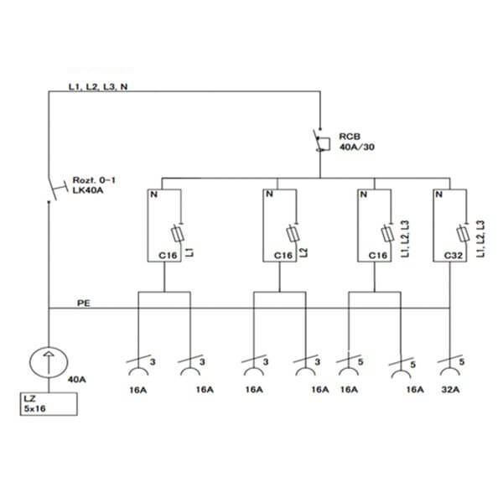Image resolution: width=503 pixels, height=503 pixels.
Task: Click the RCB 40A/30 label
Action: click(x=357, y=142)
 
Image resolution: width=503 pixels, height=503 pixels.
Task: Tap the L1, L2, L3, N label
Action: click(x=98, y=86)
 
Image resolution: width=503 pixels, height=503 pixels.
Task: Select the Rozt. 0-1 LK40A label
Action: click(x=94, y=185)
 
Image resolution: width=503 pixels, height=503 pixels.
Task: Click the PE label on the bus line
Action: click(x=84, y=303)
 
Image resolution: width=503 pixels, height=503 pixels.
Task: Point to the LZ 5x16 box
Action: click(x=49, y=404)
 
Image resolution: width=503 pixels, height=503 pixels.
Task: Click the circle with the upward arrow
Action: click(x=49, y=362)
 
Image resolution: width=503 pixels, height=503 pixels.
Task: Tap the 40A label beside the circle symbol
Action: click(x=76, y=380)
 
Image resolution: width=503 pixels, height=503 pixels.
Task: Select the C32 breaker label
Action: click(x=454, y=256)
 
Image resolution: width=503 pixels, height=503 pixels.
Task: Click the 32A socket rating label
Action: click(x=450, y=390)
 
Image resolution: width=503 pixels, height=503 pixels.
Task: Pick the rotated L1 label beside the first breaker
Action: click(x=189, y=252)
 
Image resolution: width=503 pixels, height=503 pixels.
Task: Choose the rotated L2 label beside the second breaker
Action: click(x=304, y=252)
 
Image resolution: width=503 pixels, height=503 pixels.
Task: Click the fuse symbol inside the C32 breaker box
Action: click(x=463, y=234)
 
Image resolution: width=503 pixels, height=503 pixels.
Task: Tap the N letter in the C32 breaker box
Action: click(x=439, y=194)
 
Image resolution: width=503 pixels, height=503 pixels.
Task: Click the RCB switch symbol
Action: click(x=321, y=141)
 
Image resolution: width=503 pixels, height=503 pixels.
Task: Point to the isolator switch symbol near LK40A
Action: click(x=57, y=189)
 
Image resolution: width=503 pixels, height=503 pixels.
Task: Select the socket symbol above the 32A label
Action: click(x=449, y=371)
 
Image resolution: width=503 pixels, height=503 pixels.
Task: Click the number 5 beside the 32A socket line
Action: click(x=462, y=362)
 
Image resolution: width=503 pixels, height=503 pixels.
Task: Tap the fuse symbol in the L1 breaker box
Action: click(x=178, y=234)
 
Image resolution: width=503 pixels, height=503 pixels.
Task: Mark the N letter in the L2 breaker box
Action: click(x=269, y=194)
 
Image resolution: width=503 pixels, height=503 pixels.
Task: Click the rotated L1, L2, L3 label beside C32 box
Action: click(x=480, y=239)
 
